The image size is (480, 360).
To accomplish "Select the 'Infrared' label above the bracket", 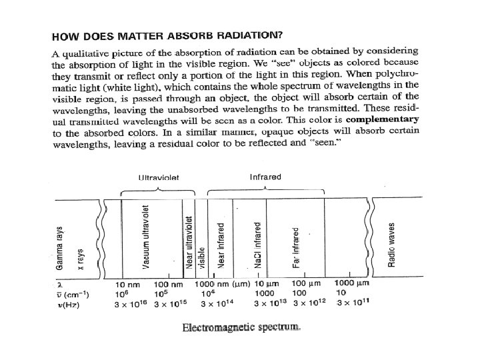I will click(265, 177).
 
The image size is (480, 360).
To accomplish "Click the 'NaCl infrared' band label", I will click(257, 245).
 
